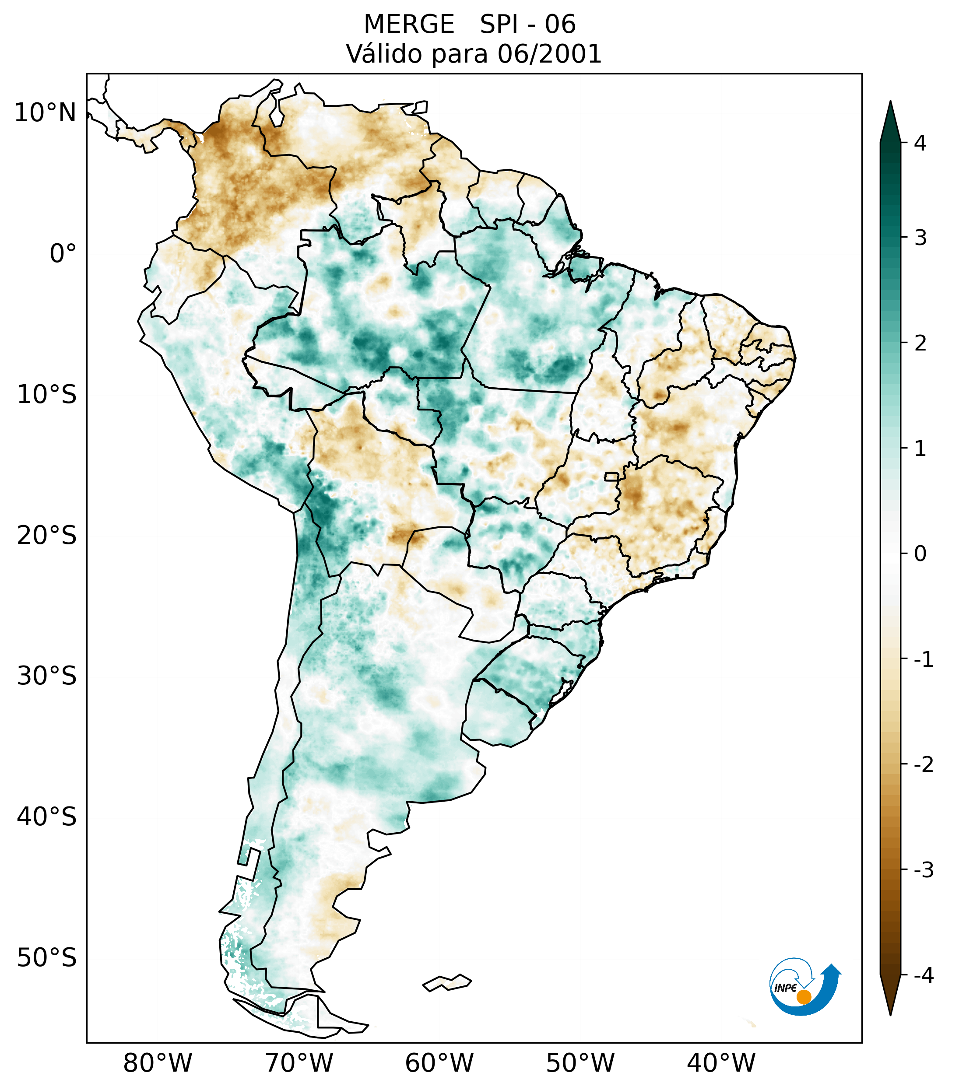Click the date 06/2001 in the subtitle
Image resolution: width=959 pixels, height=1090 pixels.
click(x=549, y=54)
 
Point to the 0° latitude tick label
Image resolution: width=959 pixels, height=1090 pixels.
click(x=63, y=253)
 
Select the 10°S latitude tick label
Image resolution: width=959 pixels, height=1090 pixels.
click(x=47, y=395)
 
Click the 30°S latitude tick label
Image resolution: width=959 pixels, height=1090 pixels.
click(x=47, y=676)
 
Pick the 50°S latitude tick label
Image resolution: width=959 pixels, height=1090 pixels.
click(x=47, y=958)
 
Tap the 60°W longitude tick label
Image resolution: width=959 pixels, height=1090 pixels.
click(x=439, y=1063)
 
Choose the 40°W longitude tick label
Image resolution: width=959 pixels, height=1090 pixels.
click(x=721, y=1063)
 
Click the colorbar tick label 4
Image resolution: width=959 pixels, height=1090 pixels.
click(x=920, y=143)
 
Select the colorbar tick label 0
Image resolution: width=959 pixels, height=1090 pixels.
click(x=920, y=554)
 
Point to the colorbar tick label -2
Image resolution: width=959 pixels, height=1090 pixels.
click(x=923, y=765)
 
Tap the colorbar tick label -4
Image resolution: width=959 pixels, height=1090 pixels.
click(x=923, y=976)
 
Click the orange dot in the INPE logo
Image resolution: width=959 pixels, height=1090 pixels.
click(x=803, y=997)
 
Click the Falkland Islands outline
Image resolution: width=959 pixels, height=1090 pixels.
click(x=447, y=982)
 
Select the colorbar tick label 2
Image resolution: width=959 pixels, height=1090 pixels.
click(x=920, y=343)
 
